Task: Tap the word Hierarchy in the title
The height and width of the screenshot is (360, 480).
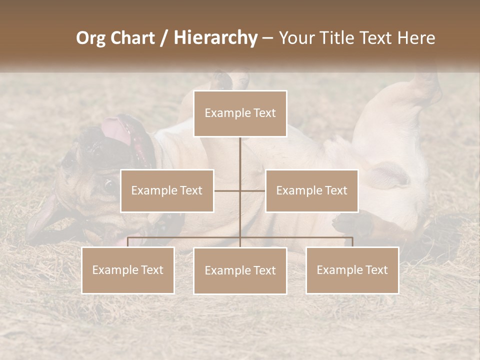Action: pos(215,38)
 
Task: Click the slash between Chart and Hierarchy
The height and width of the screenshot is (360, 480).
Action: pos(164,38)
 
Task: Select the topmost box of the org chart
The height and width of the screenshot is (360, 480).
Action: pos(240,113)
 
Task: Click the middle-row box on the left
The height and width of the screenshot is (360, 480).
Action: pos(167,190)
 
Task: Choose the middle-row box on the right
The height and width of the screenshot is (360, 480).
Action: pos(311,190)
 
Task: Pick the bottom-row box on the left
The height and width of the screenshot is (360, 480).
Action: pos(128,270)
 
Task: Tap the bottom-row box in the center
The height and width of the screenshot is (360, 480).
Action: pos(240,270)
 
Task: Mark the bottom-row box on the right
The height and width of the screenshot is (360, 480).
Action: pos(352,270)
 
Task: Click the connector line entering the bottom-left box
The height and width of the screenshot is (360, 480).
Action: pos(128,242)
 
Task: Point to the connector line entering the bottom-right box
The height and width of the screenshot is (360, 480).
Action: pos(352,242)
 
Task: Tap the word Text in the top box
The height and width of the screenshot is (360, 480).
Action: pos(264,113)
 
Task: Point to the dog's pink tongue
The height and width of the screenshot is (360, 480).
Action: pos(117,131)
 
